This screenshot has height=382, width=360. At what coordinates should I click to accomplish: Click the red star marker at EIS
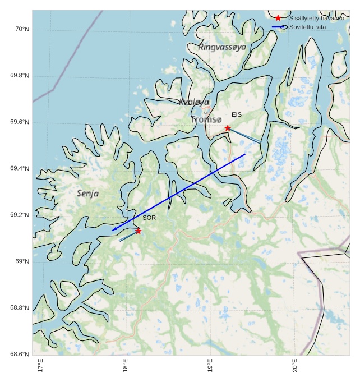pos(228,128)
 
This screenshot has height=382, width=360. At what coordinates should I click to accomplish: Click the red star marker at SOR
pos(138,231)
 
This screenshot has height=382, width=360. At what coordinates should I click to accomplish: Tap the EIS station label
pos(237,115)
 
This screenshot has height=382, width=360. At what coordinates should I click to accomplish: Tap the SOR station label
pos(149,218)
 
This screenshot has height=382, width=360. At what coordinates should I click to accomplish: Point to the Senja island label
pos(88,194)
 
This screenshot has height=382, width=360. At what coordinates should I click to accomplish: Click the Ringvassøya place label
pos(222,47)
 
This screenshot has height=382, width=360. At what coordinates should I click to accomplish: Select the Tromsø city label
pos(206,119)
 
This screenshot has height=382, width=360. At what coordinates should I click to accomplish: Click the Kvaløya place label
pos(194,102)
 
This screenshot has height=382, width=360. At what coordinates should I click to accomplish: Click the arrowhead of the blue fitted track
pos(113,230)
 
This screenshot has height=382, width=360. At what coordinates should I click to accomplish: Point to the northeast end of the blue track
pos(245,154)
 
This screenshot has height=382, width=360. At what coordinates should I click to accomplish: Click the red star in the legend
pos(278,19)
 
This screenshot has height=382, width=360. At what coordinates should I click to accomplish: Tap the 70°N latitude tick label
pos(20,29)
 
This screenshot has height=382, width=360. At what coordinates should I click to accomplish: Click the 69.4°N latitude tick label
pos(19,169)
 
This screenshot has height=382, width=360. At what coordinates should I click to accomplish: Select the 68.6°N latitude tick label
pos(19,354)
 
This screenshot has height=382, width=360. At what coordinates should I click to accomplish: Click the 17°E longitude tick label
pos(40,367)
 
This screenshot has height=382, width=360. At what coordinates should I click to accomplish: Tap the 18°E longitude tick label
pos(125,367)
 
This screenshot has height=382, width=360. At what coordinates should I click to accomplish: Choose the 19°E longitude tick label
pos(210,367)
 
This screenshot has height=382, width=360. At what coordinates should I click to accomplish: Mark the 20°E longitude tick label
pos(296,367)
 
